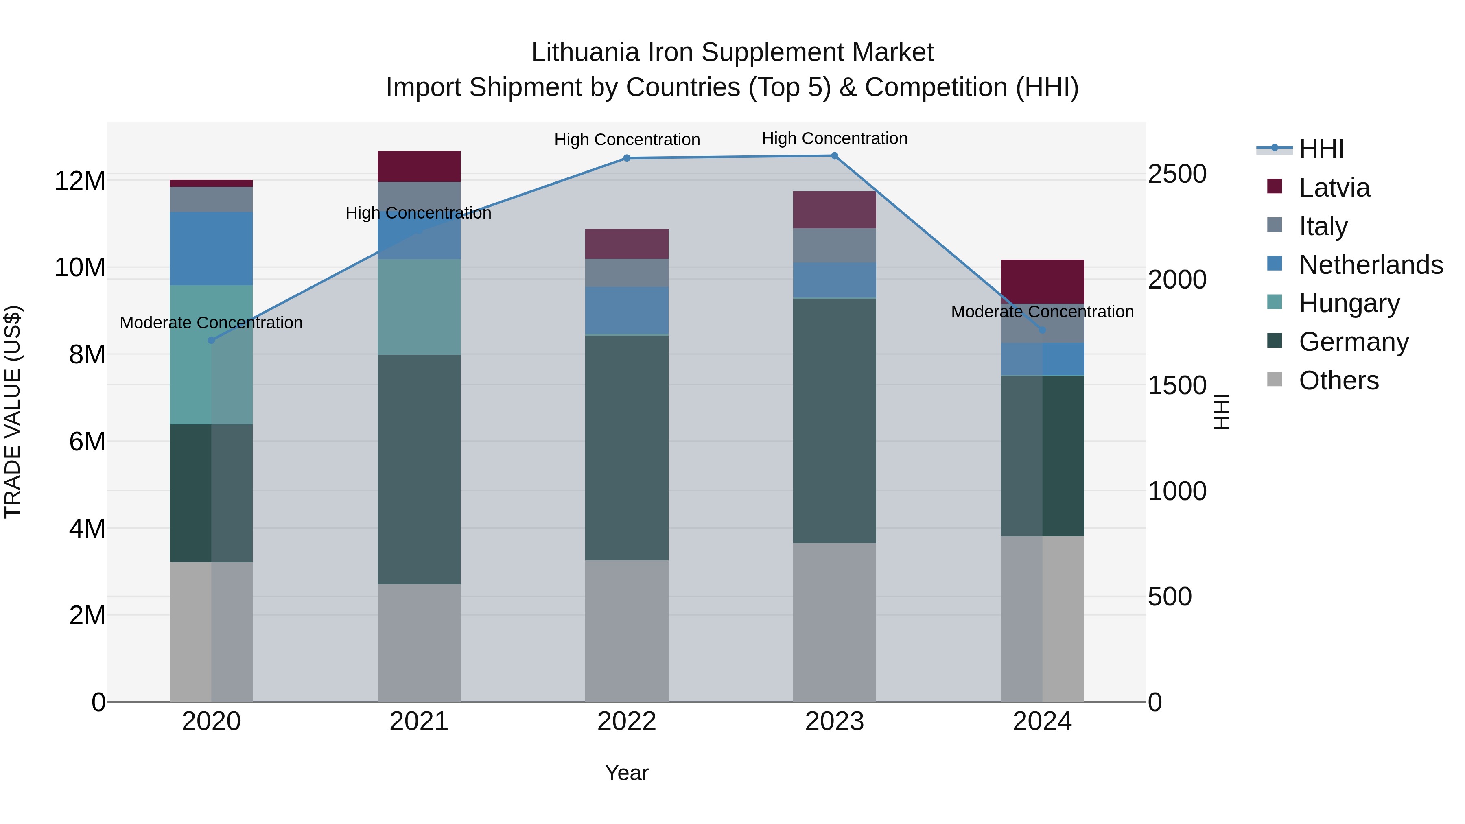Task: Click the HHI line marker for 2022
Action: pyautogui.click(x=627, y=158)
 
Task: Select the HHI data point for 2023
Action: pyautogui.click(x=834, y=156)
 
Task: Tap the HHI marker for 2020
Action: pyautogui.click(x=211, y=341)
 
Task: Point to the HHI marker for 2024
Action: pyautogui.click(x=1042, y=330)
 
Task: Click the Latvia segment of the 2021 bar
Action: pyautogui.click(x=419, y=166)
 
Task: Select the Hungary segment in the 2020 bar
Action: pyautogui.click(x=211, y=355)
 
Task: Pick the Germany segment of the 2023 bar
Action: pyautogui.click(x=834, y=421)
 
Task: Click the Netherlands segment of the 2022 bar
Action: pyautogui.click(x=627, y=310)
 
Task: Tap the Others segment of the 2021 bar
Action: pyautogui.click(x=419, y=643)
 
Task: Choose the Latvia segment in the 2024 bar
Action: pyautogui.click(x=1042, y=282)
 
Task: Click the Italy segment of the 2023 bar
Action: pyautogui.click(x=834, y=246)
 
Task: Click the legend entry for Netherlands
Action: pyautogui.click(x=1371, y=265)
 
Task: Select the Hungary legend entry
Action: pyautogui.click(x=1349, y=304)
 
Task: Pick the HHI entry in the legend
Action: pyautogui.click(x=1321, y=149)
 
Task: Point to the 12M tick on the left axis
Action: pyautogui.click(x=80, y=181)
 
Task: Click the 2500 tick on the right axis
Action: pyautogui.click(x=1176, y=174)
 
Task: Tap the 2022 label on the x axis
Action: pyautogui.click(x=627, y=721)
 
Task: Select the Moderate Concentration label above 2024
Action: pyautogui.click(x=1042, y=312)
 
